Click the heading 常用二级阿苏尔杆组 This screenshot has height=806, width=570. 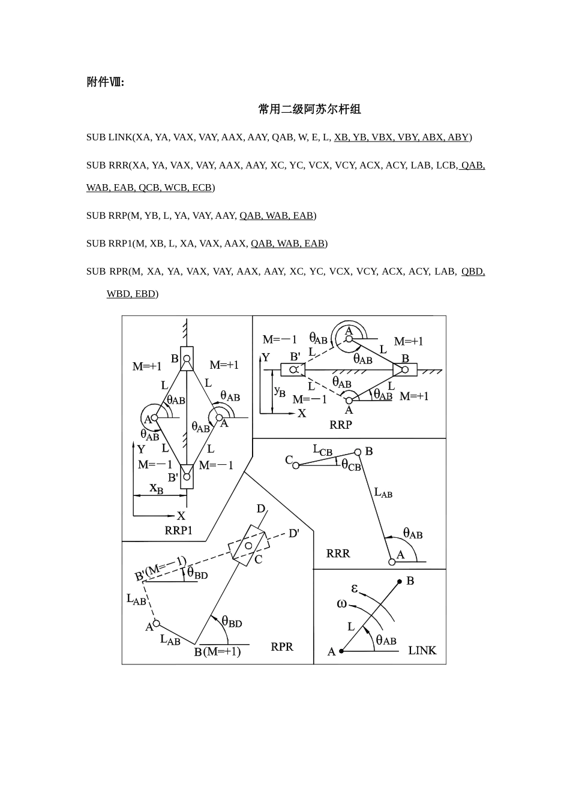point(310,109)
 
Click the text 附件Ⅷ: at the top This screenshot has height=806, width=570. point(106,82)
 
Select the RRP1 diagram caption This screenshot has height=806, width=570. point(179,530)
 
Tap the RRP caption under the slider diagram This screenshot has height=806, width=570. point(341,425)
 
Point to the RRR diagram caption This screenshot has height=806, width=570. point(338,553)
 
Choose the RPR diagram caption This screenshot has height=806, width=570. point(282,646)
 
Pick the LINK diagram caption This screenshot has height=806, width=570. point(422,650)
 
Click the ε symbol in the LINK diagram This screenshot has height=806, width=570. point(355,588)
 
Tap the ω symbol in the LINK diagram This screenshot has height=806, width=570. point(342,603)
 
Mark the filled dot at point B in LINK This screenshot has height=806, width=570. point(400,582)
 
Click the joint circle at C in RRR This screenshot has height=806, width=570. point(296,465)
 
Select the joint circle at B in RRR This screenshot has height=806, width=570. point(358,452)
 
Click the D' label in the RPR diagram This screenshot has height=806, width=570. point(294,533)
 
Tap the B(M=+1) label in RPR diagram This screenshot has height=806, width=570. point(217,652)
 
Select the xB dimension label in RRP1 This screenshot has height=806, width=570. point(156,489)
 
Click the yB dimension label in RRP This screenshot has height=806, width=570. point(280,391)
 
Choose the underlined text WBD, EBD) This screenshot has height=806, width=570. point(133,294)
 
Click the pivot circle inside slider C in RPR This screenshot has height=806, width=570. point(247,544)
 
